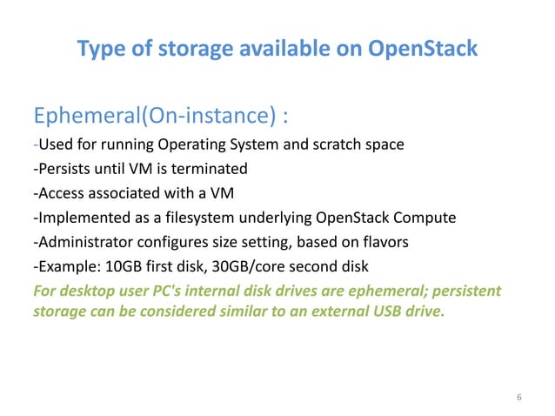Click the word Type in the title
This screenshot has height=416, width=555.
99,50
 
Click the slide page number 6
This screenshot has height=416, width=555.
519,397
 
